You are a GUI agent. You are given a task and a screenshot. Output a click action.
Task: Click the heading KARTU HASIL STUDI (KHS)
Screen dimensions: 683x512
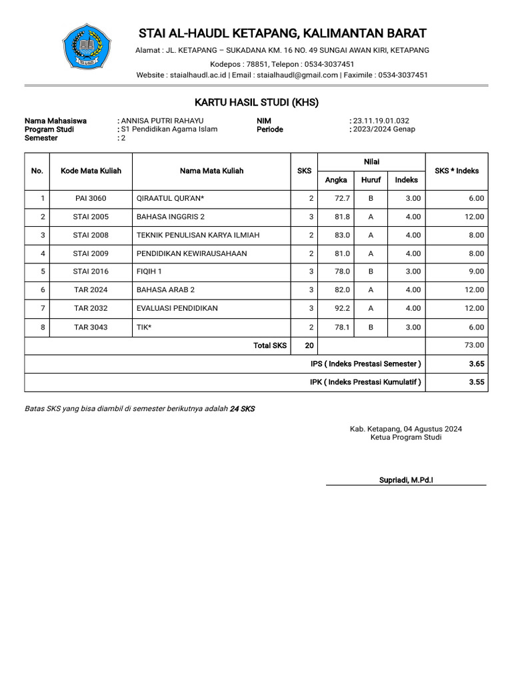pos(256,102)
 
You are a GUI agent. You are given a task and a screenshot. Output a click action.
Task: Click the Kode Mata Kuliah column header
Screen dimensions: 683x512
pos(91,171)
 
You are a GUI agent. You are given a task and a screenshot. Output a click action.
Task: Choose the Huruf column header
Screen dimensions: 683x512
pos(371,180)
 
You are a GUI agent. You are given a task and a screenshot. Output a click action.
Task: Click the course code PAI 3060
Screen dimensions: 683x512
pos(91,199)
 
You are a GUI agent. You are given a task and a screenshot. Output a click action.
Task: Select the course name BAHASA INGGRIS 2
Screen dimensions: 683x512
pos(170,217)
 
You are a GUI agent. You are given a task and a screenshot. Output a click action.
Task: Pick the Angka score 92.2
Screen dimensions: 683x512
pos(343,308)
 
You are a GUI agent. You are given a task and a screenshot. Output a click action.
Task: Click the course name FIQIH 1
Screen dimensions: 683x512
pos(149,271)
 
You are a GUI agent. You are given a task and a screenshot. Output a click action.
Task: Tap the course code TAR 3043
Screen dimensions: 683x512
pos(91,327)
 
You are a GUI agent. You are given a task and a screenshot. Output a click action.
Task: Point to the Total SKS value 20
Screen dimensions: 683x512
pos(309,346)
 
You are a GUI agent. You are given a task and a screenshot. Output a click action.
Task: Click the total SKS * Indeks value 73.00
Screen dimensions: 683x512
pos(474,346)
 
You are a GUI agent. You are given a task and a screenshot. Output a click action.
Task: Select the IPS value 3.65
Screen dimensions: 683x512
pos(476,364)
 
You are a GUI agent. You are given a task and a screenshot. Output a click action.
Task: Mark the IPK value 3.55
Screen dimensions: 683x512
pos(476,382)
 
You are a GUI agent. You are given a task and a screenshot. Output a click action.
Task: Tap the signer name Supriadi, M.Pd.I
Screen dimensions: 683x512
pos(406,480)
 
